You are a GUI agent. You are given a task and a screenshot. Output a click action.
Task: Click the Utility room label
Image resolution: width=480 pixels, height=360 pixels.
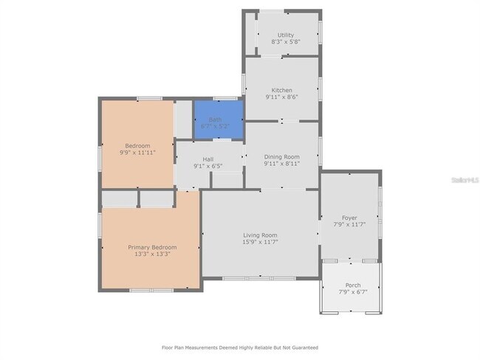286,35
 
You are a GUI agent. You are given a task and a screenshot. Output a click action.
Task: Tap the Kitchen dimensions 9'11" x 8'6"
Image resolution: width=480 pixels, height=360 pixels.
282,97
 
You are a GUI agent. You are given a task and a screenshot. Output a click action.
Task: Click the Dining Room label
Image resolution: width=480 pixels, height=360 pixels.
282,156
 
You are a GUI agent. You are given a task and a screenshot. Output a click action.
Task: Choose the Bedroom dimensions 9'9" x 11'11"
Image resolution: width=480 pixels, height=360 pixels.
137,153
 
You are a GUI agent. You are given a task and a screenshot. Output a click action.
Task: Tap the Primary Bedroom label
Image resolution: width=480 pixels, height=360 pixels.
152,247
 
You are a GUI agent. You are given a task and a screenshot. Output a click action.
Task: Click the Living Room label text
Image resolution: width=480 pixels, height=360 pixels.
261,235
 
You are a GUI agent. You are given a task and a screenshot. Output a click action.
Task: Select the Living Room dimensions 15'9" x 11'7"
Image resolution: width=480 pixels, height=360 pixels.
261,242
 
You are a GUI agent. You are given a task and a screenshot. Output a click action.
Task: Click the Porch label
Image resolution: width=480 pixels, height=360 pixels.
353,285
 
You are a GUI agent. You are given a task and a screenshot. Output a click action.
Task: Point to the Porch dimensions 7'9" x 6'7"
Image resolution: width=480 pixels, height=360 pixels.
353,292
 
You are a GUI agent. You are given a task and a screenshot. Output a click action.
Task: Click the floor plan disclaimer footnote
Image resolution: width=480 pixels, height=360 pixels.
240,347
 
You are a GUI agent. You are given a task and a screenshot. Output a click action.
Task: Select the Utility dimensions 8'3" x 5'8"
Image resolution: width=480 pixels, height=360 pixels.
286,42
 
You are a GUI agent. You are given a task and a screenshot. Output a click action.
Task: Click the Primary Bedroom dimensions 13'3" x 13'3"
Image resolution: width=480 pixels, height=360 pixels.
152,255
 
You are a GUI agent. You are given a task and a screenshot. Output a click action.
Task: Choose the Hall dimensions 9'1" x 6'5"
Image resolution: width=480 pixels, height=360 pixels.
208,167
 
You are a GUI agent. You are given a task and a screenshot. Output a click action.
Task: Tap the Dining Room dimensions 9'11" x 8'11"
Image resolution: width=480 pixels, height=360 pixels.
282,164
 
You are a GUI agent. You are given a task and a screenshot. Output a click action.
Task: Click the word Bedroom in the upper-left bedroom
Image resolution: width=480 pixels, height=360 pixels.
137,145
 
